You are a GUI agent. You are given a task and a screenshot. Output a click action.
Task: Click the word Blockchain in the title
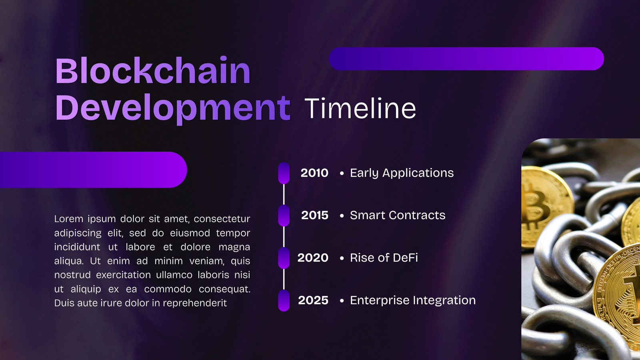pos(153,70)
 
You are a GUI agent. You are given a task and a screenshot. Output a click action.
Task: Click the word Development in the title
pos(173,108)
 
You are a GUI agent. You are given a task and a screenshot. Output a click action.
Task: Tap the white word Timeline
pos(360,108)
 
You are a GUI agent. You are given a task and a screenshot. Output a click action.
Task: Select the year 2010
pos(314,173)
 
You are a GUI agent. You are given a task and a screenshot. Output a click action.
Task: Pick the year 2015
pos(314,215)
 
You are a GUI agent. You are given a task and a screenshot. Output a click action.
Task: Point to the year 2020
pos(313,258)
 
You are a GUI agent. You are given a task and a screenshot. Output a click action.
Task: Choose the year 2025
pos(313,300)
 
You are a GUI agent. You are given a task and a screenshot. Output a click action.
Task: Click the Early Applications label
pos(402,173)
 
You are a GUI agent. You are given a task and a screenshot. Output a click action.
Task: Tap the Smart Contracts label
pos(398,215)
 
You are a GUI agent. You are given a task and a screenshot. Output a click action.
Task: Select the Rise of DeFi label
pos(384,258)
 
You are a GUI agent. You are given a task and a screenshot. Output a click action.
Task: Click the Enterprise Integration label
pos(413,300)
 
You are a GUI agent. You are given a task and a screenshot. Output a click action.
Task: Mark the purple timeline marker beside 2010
pos(284,173)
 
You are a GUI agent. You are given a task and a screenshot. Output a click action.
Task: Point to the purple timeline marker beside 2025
pos(284,300)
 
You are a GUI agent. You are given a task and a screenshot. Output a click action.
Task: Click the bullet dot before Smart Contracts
pos(342,216)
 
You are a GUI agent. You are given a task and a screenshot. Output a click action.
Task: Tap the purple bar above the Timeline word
pos(466,58)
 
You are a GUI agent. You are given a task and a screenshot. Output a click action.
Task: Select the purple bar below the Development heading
pos(94,170)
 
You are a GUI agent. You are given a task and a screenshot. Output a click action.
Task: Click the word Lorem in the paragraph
pos(68,219)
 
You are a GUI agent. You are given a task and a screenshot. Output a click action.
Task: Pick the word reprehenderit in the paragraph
pos(195,303)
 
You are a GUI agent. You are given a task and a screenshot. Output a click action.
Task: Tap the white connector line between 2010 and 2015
pos(284,194)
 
